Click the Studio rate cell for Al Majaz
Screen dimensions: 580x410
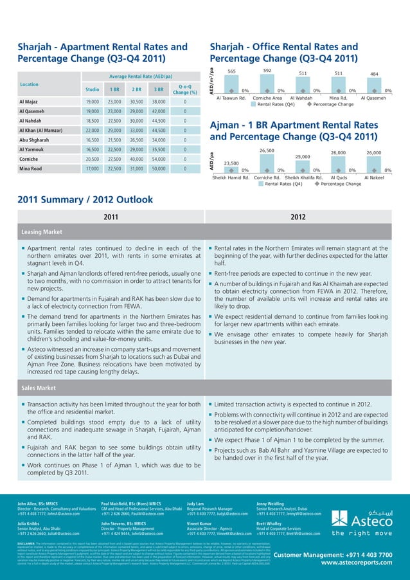[92, 102]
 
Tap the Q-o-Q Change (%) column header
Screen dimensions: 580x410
[184, 89]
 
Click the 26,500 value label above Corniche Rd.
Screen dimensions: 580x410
[267, 151]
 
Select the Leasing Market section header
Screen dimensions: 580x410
[44, 231]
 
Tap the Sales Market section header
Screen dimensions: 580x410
[40, 388]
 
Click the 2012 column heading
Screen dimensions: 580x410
[298, 217]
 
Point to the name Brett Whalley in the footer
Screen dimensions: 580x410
[271, 521]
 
